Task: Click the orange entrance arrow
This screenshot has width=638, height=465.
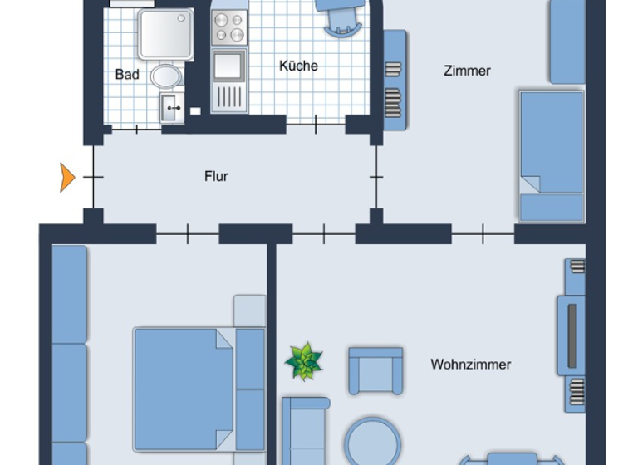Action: [66, 177]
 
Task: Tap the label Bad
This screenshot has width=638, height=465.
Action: [127, 75]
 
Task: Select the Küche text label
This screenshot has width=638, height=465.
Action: [298, 66]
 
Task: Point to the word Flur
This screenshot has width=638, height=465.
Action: [216, 176]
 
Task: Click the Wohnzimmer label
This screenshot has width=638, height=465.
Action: [470, 364]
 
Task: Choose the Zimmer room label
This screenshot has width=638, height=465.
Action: [467, 71]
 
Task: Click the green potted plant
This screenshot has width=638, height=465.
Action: [303, 361]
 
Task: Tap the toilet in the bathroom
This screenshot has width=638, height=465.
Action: [166, 76]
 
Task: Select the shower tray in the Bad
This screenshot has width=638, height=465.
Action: [165, 35]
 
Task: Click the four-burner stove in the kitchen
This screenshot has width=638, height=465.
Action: [228, 28]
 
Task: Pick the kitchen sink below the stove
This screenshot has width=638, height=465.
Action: [228, 66]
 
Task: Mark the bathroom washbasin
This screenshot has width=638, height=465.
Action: [172, 107]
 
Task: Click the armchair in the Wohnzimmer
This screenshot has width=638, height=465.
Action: [375, 370]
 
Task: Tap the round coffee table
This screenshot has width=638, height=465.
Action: [373, 440]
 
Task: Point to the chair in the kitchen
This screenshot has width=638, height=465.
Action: [341, 17]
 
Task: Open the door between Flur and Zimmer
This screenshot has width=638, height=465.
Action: [376, 177]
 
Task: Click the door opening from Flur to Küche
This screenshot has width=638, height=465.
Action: [316, 125]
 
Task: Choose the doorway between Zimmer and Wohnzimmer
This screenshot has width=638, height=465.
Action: [483, 234]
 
